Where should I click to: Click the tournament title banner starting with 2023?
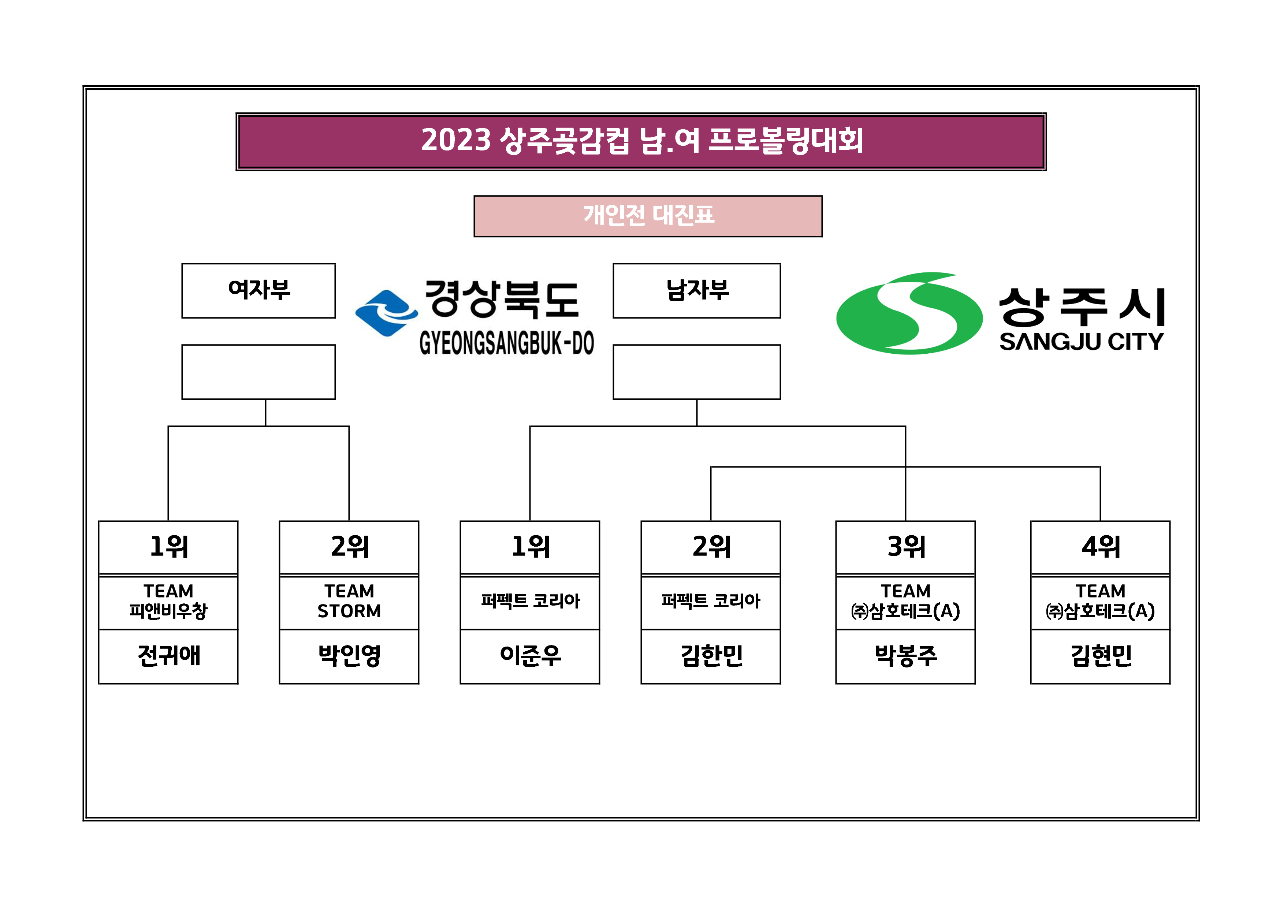point(641,141)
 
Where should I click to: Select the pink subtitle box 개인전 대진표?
point(648,216)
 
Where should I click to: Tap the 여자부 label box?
point(258,291)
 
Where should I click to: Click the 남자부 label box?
point(696,291)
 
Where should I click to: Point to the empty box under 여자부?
point(258,372)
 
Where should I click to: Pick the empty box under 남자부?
point(696,372)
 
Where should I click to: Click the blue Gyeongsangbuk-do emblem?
point(386,313)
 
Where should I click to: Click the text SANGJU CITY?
point(1081,342)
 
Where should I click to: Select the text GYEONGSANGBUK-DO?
point(507,343)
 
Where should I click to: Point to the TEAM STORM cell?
point(349,602)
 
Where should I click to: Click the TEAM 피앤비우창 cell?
point(168,602)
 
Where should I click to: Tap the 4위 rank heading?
point(1100,547)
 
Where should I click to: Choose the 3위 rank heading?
point(905,547)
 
